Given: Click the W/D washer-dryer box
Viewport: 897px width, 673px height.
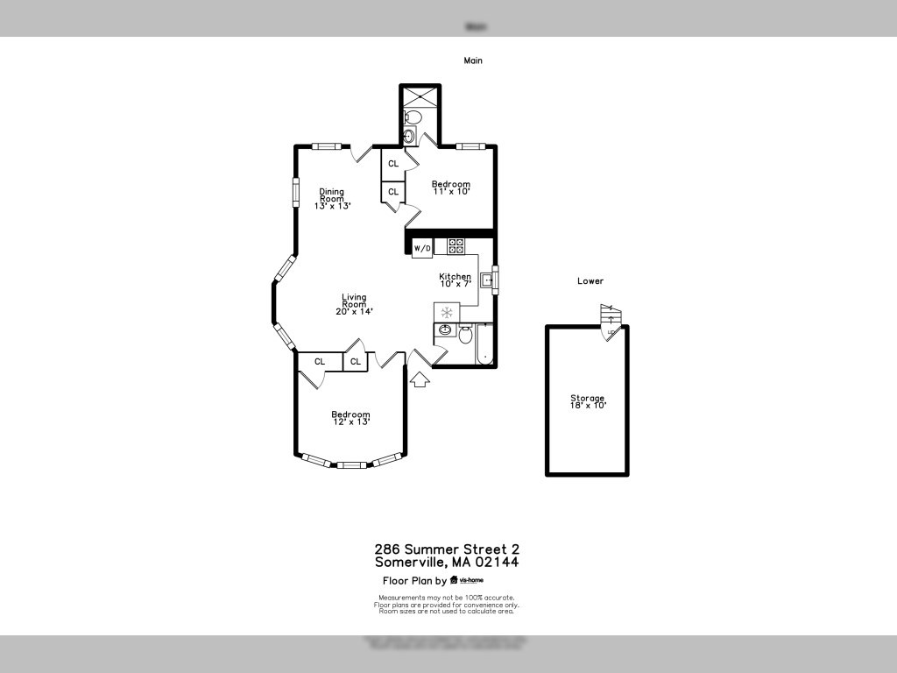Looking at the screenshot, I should pos(422,248).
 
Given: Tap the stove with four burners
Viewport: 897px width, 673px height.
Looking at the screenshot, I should pos(456,246).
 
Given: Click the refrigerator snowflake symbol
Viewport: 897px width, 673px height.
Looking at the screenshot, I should pos(447,312).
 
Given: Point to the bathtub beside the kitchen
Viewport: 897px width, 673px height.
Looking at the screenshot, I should pos(484,344).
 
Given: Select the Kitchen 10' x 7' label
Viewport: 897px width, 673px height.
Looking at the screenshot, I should pos(456,280).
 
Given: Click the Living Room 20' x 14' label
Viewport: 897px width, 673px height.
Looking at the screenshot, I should pos(355,304).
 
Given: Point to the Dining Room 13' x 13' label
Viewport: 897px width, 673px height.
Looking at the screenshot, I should pos(332,199).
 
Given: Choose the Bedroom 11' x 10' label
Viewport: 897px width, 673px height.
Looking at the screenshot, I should pos(451,188).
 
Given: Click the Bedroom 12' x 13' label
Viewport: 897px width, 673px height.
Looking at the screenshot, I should pos(350,418).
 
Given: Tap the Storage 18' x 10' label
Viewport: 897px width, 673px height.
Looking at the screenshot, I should pos(587,401).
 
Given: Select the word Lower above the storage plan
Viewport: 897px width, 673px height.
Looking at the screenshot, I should pos(590,281).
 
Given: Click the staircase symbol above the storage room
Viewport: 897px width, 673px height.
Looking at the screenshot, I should pos(610,316).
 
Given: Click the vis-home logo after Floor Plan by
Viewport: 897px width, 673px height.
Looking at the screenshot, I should pos(466,580).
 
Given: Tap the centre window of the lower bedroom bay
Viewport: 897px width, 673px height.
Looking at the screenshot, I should pos(351,464).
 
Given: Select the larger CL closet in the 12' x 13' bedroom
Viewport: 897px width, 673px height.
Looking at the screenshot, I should pos(320,361).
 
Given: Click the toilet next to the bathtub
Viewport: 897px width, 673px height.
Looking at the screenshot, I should pos(466,333).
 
